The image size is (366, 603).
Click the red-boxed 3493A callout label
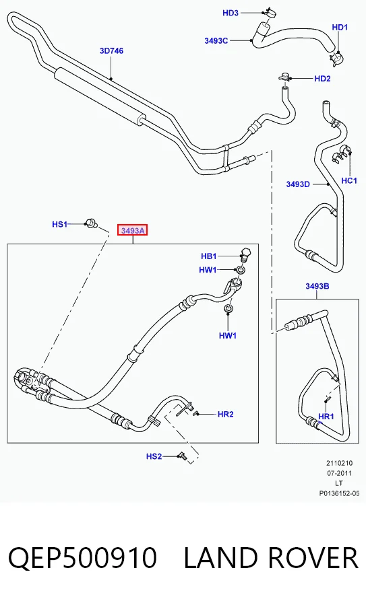(x=132, y=231)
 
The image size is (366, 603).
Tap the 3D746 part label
(x=111, y=50)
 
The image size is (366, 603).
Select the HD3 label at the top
(x=231, y=13)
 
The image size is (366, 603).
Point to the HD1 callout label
(x=340, y=28)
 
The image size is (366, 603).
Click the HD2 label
(x=322, y=79)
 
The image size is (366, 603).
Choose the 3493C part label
(x=216, y=41)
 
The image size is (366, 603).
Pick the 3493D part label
(x=298, y=184)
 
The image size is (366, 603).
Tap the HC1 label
(x=349, y=180)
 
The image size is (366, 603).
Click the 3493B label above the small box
(x=317, y=286)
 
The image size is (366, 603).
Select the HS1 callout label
(x=60, y=224)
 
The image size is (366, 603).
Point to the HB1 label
(x=209, y=256)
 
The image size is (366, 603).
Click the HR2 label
(x=225, y=414)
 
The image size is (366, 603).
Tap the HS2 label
(x=154, y=456)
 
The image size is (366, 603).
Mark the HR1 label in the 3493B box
(x=326, y=416)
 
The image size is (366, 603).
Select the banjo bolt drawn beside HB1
(x=245, y=254)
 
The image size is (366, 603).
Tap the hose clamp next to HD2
(x=284, y=77)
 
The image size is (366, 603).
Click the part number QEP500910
(x=82, y=559)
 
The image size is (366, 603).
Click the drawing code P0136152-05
(x=339, y=493)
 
